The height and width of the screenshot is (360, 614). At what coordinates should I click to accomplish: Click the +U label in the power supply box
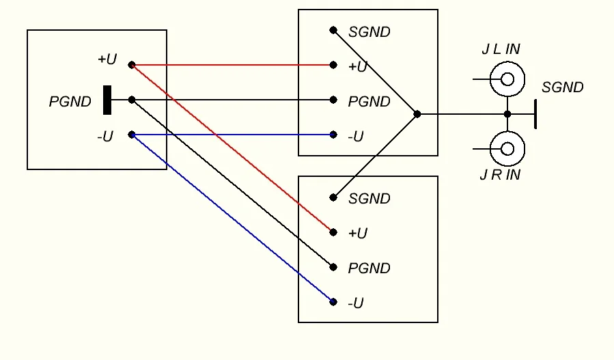coord(107,59)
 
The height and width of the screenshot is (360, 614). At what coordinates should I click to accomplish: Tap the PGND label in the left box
coord(70,102)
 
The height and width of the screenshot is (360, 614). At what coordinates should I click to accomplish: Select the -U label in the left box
coord(104,137)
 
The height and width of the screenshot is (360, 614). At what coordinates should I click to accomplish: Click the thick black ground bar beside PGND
coord(107,100)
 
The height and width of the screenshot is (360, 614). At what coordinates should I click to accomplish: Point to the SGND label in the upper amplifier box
coord(369,31)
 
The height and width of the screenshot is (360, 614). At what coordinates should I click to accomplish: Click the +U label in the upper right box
coord(358,66)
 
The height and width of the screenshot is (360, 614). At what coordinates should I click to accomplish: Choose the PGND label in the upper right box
coord(369,102)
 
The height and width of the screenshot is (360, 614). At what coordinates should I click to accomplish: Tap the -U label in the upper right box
coord(356,137)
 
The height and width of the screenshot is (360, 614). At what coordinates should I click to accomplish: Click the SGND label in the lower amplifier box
coord(369,199)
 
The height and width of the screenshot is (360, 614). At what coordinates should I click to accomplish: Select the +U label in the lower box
coord(358,234)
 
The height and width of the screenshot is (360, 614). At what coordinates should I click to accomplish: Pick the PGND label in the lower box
coord(369,268)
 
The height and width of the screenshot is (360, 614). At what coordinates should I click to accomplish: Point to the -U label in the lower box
coord(356,303)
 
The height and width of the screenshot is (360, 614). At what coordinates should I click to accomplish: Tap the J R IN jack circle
coord(507,148)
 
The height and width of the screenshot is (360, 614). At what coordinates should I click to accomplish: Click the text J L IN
coord(501,49)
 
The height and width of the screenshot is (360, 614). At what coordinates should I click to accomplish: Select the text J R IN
coord(500,175)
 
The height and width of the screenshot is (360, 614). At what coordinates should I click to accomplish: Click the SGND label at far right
coord(563,87)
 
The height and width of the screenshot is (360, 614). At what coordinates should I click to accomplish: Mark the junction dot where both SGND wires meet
coord(417,114)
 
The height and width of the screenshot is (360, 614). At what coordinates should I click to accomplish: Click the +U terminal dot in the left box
coord(132,65)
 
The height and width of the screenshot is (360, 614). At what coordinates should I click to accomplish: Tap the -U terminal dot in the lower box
coord(333,301)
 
